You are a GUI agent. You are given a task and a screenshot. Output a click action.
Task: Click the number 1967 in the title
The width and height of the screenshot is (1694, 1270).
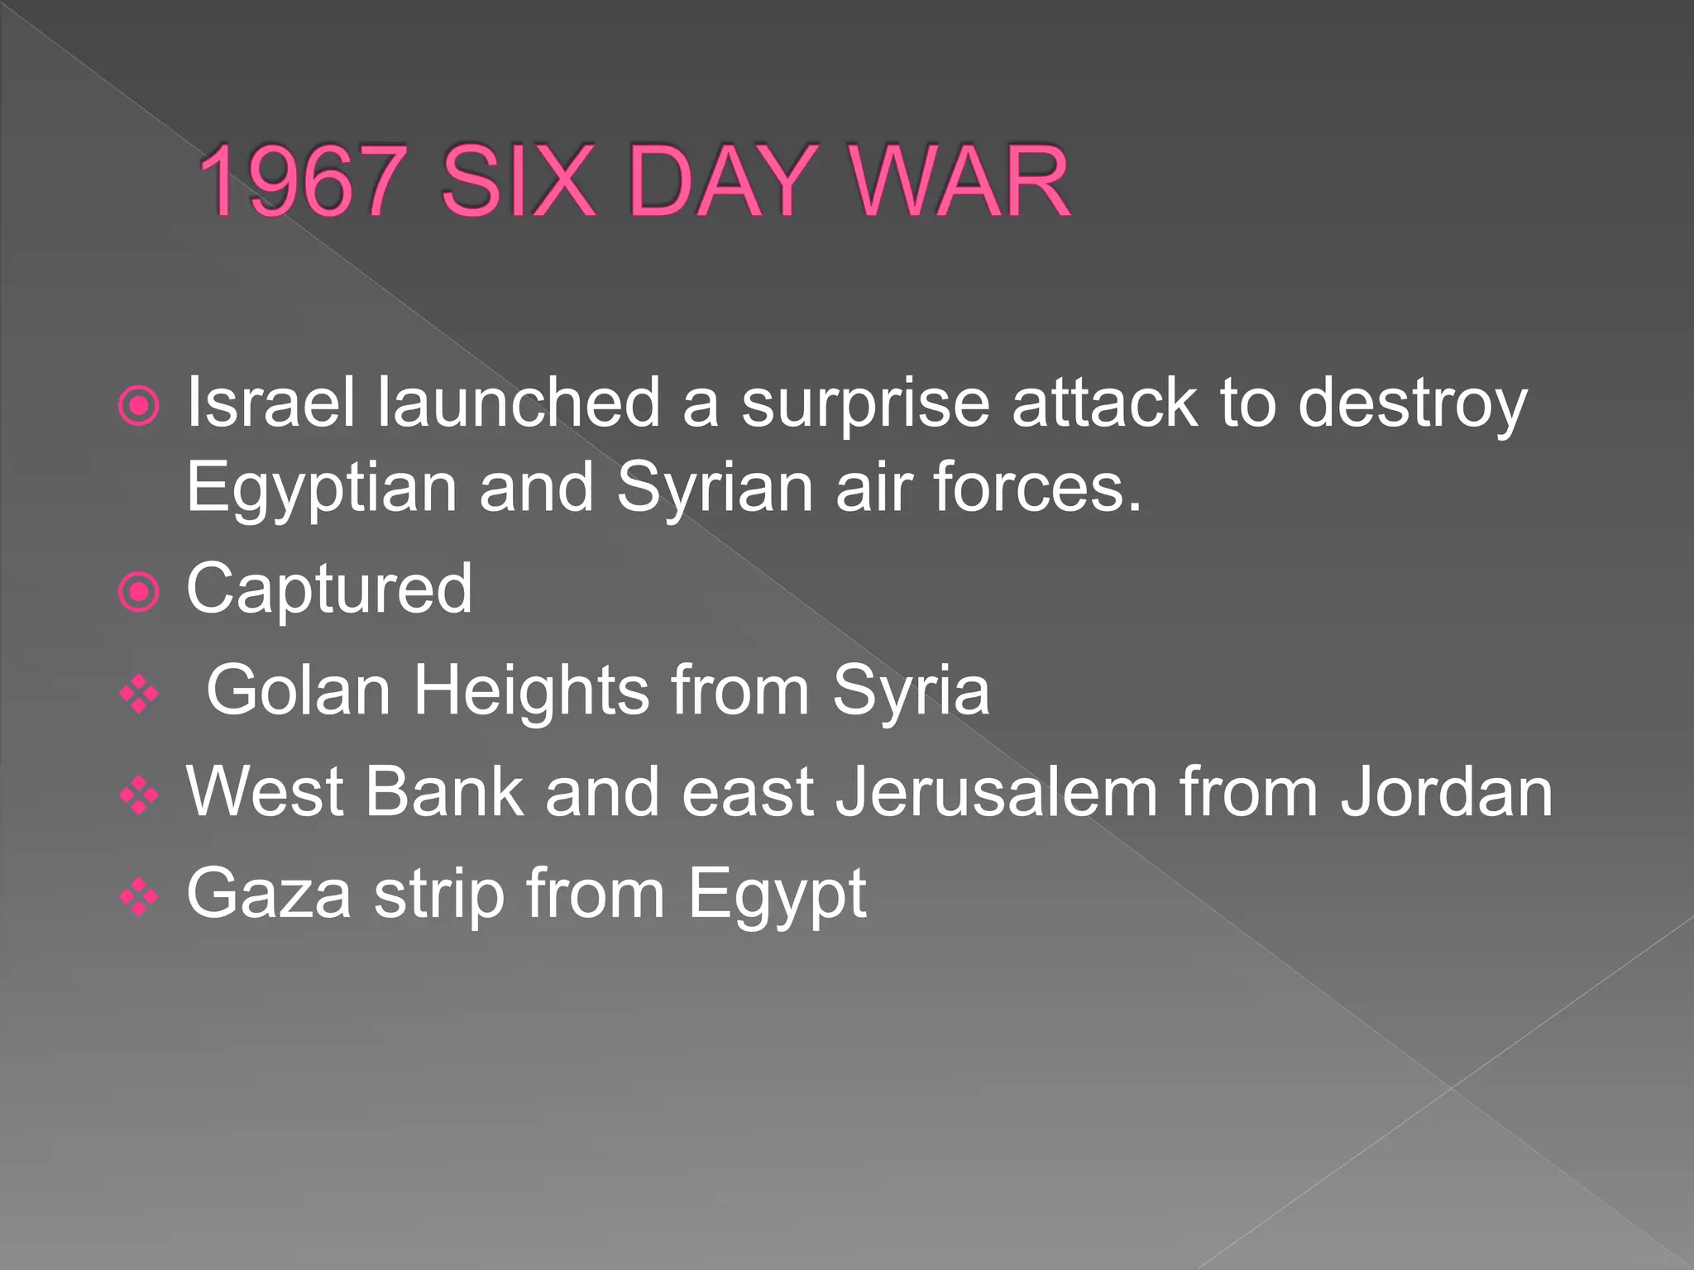pyautogui.click(x=302, y=181)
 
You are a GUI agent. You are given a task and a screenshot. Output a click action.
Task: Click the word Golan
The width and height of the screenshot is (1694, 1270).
pyautogui.click(x=298, y=690)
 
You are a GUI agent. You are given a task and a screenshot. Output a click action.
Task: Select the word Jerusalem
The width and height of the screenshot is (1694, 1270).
pyautogui.click(x=997, y=792)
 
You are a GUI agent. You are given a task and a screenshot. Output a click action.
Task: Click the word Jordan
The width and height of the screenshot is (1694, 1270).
pyautogui.click(x=1447, y=792)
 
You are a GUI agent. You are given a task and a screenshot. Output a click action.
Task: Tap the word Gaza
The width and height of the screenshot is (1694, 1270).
pyautogui.click(x=269, y=894)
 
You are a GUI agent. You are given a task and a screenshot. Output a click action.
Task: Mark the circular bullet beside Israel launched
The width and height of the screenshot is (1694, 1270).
pyautogui.click(x=139, y=405)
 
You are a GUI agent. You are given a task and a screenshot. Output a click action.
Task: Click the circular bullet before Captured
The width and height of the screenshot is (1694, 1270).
pyautogui.click(x=139, y=592)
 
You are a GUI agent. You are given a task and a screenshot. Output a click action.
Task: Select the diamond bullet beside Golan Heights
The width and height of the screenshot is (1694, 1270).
pyautogui.click(x=139, y=694)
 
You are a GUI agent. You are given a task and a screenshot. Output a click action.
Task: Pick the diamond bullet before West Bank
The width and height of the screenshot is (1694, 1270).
pyautogui.click(x=139, y=795)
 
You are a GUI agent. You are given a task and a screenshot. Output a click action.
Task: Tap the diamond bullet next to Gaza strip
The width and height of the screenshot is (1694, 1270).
pyautogui.click(x=139, y=897)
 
